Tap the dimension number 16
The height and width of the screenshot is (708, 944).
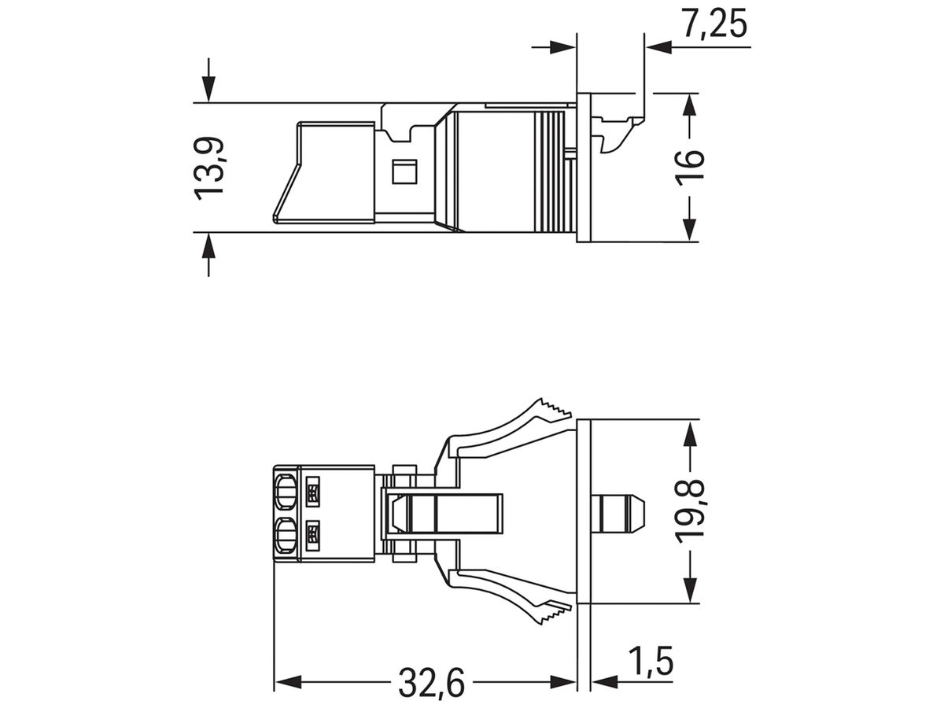coord(689,168)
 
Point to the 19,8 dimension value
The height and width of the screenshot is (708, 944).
coord(689,511)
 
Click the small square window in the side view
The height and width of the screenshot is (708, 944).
coord(404,171)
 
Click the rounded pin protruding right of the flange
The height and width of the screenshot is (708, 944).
coord(620,511)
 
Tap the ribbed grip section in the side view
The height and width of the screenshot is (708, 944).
coord(551,169)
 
